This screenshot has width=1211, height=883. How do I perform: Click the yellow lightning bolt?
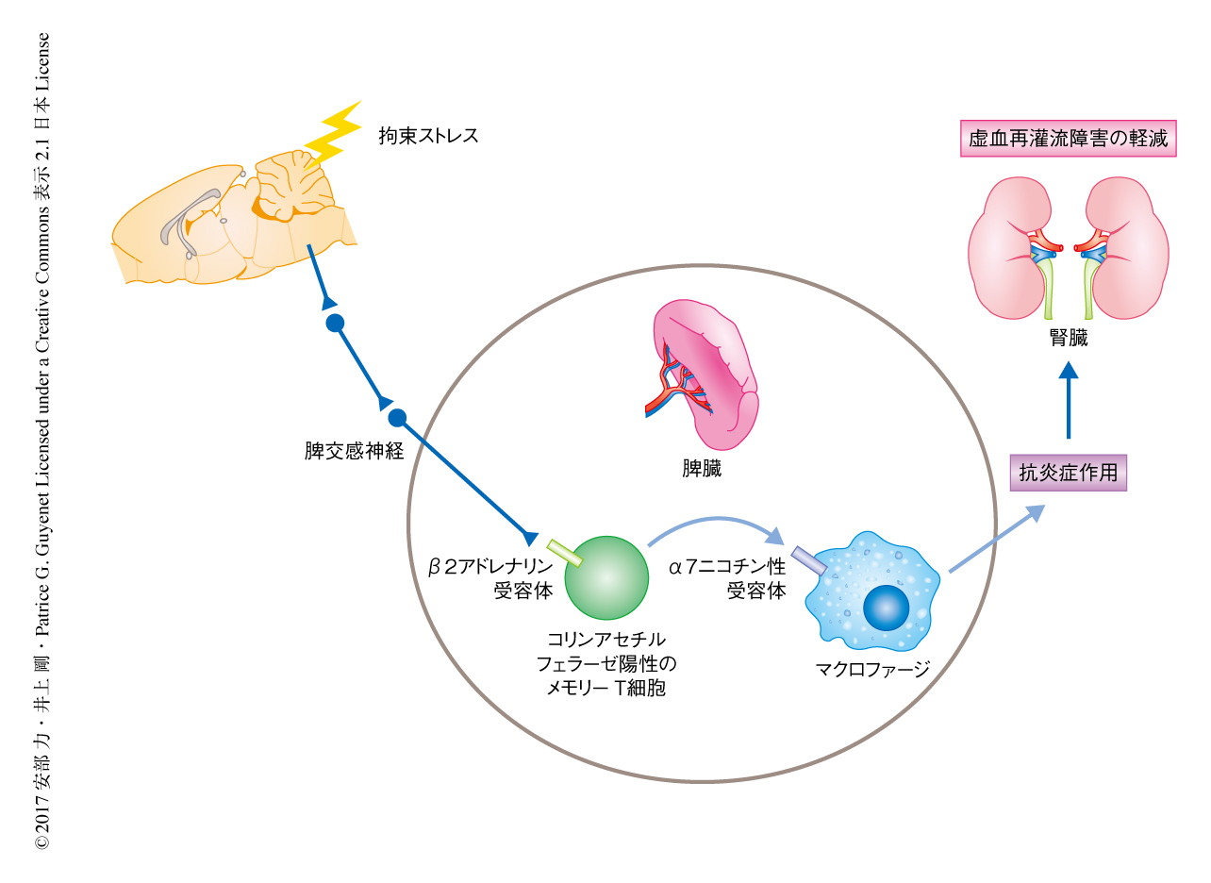[332, 133]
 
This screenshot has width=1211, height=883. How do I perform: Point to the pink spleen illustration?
[705, 373]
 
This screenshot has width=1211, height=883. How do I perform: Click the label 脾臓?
[702, 469]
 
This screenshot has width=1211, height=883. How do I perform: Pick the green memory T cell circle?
[606, 577]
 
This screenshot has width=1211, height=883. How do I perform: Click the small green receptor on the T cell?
[565, 554]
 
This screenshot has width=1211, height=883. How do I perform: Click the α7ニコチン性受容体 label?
[727, 579]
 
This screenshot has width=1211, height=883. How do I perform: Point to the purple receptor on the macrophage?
[809, 561]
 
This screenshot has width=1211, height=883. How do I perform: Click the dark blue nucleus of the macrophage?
[886, 607]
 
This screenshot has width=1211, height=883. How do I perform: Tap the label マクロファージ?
[872, 671]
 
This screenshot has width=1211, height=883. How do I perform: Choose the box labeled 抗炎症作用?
[1068, 473]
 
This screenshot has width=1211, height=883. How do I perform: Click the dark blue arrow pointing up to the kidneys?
[1068, 400]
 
